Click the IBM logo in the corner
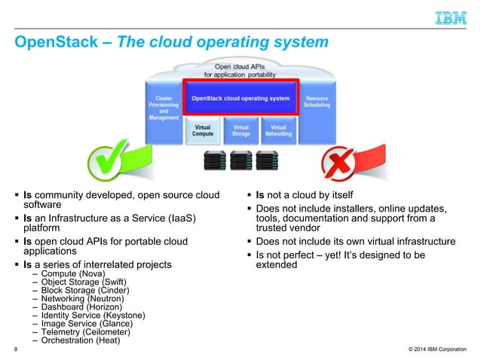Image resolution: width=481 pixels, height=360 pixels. click(x=451, y=17)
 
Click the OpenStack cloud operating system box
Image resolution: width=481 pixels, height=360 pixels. click(x=240, y=99)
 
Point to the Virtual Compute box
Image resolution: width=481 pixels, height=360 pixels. click(x=202, y=131)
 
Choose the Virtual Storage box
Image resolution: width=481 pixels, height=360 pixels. click(x=240, y=131)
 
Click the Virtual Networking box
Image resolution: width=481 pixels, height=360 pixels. click(x=278, y=131)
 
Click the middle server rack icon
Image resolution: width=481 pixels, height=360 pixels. click(x=240, y=160)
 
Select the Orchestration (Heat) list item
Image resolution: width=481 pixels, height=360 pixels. click(x=81, y=340)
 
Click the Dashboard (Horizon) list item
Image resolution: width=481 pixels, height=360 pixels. click(x=81, y=307)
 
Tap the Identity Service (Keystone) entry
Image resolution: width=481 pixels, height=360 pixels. click(x=93, y=316)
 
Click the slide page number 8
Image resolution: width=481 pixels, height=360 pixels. click(x=16, y=350)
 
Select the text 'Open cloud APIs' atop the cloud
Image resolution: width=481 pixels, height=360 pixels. click(x=240, y=66)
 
